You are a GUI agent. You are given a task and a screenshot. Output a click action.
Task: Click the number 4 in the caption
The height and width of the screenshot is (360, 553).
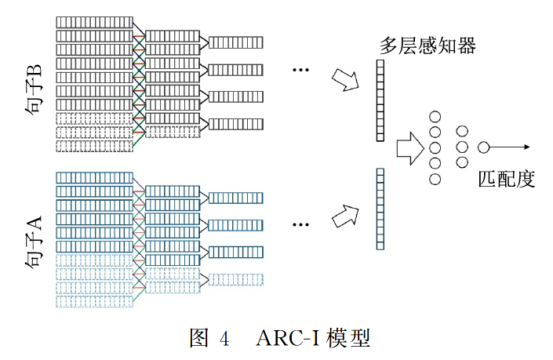[224, 339]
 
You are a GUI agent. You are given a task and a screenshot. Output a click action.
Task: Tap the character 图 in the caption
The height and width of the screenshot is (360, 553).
[199, 338]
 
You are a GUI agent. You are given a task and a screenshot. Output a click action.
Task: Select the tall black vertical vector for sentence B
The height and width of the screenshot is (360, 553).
[380, 103]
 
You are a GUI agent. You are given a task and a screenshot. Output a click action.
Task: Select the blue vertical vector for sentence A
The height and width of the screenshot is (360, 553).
[380, 209]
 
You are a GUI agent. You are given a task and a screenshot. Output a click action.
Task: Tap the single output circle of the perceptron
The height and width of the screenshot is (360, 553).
[484, 147]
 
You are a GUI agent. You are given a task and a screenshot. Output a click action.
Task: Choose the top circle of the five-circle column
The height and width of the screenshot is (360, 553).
[435, 116]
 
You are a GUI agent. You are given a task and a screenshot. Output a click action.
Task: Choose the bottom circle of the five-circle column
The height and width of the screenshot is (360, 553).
[435, 179]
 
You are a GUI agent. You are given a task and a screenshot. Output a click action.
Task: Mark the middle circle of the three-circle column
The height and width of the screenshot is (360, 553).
[462, 147]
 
